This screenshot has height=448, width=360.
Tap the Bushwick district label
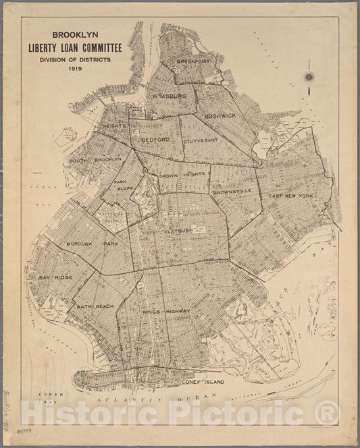coord(220,116)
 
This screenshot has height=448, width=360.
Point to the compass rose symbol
coord(309,79)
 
